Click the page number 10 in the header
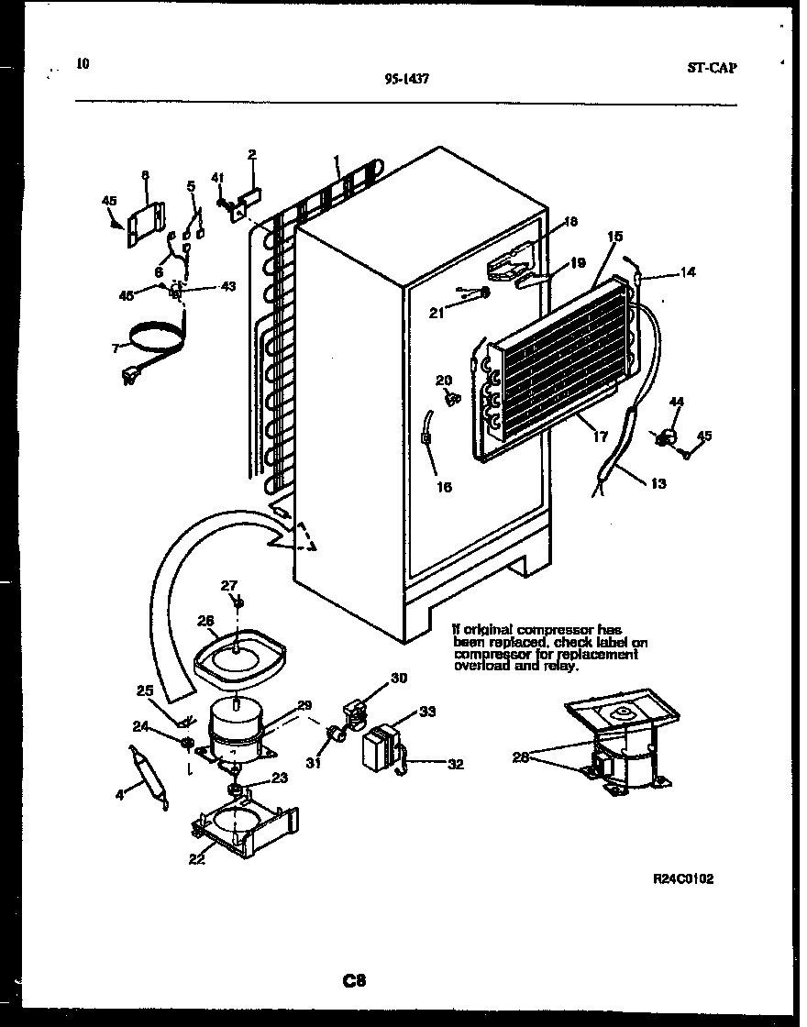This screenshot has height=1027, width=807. coord(83,63)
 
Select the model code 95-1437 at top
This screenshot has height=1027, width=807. coord(408,80)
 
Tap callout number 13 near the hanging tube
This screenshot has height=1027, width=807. coord(658,483)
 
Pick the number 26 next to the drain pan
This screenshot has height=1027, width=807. coord(205,621)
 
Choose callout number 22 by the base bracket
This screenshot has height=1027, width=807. coord(196,858)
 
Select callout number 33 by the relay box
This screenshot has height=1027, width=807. coord(427,711)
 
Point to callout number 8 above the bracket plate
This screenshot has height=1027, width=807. coord(145,174)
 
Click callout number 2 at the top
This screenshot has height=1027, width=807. coord(251,154)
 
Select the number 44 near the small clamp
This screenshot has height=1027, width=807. coord(677,402)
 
